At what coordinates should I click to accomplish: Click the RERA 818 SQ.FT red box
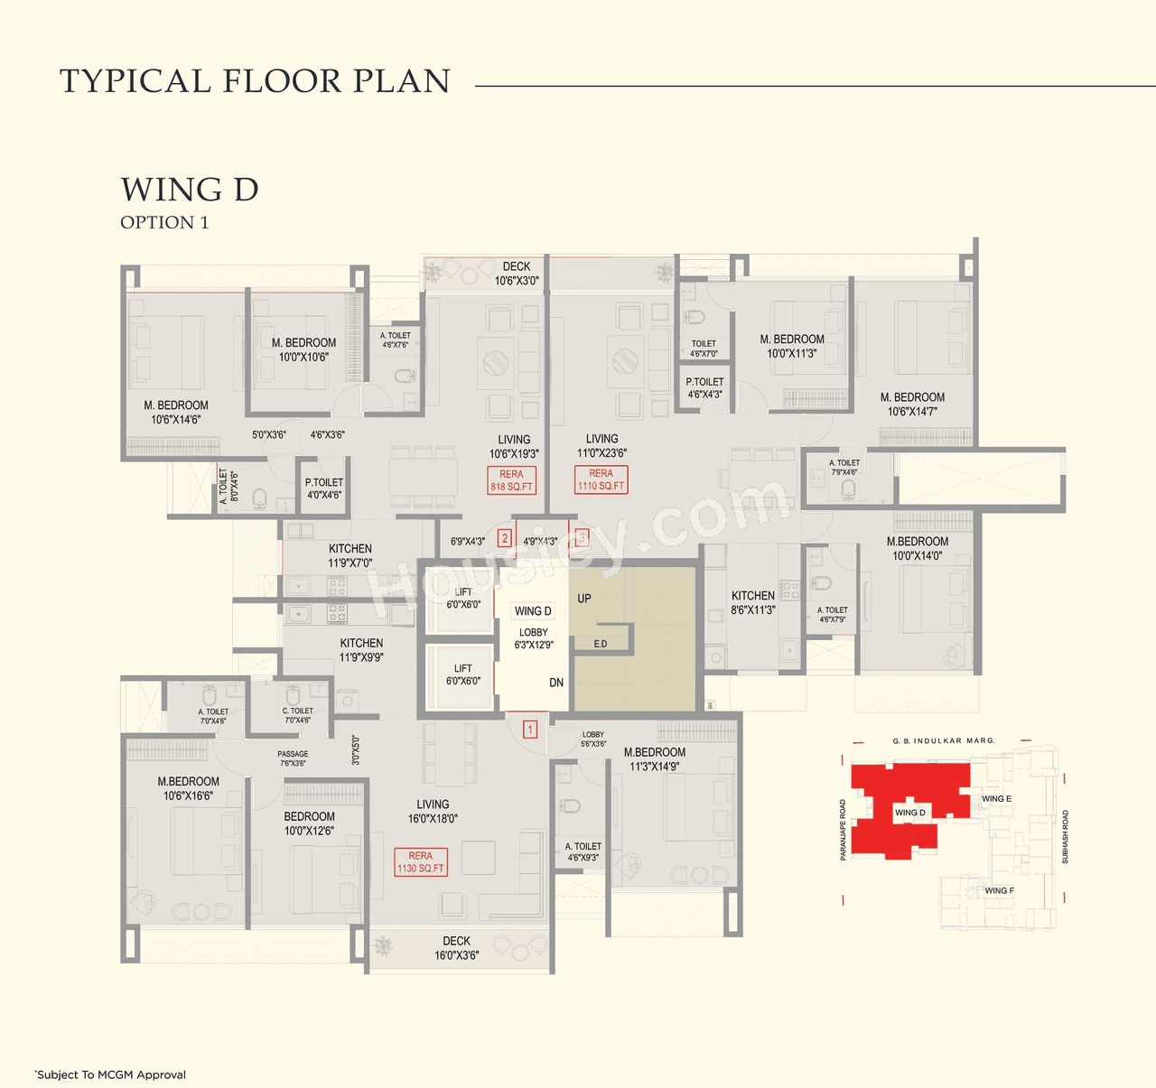pos(511,480)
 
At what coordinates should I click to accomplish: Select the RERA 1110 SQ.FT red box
pos(601,479)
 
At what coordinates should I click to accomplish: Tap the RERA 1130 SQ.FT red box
pos(421,862)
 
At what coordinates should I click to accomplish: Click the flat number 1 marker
pos(530,729)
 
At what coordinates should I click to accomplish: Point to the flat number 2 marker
pos(505,538)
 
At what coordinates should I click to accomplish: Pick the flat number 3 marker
pos(582,538)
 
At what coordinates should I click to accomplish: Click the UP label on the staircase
pos(584,599)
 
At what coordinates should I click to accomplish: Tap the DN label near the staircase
pos(556,683)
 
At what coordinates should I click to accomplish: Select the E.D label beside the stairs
pos(601,644)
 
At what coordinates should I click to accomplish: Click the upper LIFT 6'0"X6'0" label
pos(463,599)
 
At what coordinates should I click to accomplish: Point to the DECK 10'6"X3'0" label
pos(517,274)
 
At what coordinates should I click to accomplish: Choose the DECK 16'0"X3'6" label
pos(457,948)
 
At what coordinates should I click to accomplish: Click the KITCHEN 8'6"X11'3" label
pos(753,602)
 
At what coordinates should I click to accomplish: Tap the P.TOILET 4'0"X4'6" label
pos(324,488)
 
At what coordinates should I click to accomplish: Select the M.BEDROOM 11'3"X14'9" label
pos(655,759)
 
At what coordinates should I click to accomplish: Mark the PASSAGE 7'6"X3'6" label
pos(293,758)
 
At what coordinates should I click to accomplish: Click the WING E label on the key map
pos(996,799)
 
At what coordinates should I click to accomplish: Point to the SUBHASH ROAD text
pos(1065,837)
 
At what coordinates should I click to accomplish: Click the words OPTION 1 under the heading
pos(164,223)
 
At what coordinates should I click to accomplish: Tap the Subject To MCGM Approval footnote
pos(110,1074)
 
